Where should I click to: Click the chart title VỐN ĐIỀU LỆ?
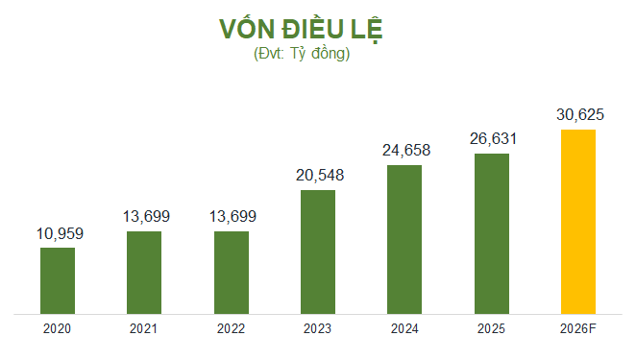point(301,29)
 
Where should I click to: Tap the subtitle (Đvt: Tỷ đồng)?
point(301,54)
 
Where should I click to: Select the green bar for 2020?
point(58,280)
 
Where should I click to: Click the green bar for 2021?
point(144,273)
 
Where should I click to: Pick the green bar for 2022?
point(231,273)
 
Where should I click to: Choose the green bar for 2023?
point(318,252)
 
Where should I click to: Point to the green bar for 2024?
point(404,239)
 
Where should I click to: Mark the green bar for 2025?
point(491,233)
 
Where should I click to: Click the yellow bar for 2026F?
point(578,222)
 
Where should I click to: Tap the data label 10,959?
point(58,233)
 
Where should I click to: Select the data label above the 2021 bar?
point(144,217)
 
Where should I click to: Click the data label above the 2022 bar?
point(231,217)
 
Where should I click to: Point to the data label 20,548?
point(318,176)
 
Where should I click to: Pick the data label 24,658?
point(404,151)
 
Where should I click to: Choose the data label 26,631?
point(491,139)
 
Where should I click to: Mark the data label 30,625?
point(578,115)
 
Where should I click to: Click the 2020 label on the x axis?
point(58,328)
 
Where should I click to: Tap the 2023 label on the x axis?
point(318,328)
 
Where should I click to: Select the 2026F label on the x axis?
point(578,328)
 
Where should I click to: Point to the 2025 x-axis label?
point(491,328)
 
